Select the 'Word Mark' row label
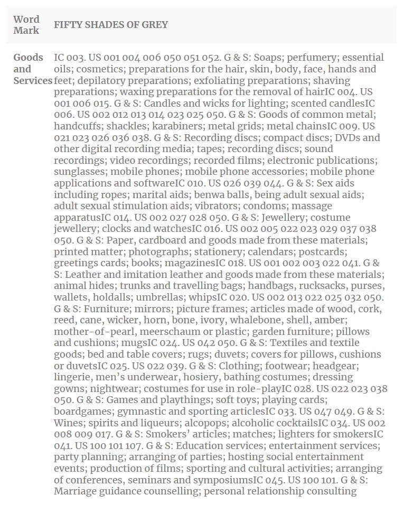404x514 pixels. [x=26, y=25]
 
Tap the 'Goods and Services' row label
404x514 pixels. [x=32, y=69]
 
